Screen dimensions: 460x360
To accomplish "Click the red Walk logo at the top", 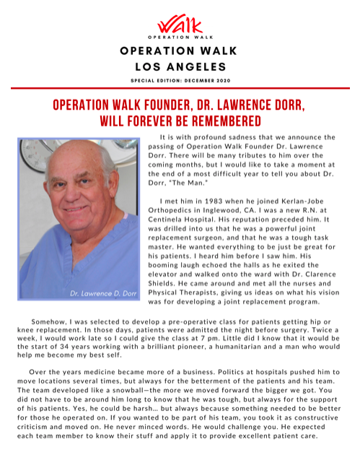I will [x=179, y=25].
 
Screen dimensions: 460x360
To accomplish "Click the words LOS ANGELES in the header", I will [x=179, y=68].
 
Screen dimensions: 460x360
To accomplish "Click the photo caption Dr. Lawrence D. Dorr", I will [x=103, y=294].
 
